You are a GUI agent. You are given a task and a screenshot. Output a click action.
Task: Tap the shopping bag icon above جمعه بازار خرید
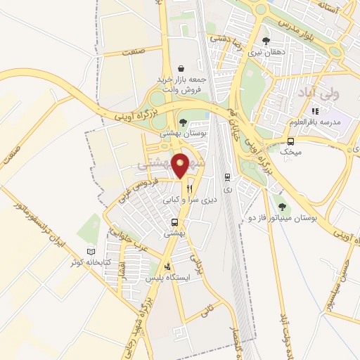182,69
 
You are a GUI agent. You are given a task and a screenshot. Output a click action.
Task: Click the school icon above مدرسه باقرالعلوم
315,110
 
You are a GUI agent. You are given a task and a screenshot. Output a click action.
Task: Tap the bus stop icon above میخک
290,141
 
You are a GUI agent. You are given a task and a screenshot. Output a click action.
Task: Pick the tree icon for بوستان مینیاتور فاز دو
282,207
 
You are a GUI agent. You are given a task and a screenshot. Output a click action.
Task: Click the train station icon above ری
226,177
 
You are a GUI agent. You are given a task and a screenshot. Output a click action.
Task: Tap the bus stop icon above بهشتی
174,222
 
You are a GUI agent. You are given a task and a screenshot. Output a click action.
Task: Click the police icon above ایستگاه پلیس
167,267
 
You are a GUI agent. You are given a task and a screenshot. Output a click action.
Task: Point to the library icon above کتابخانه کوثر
90,252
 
